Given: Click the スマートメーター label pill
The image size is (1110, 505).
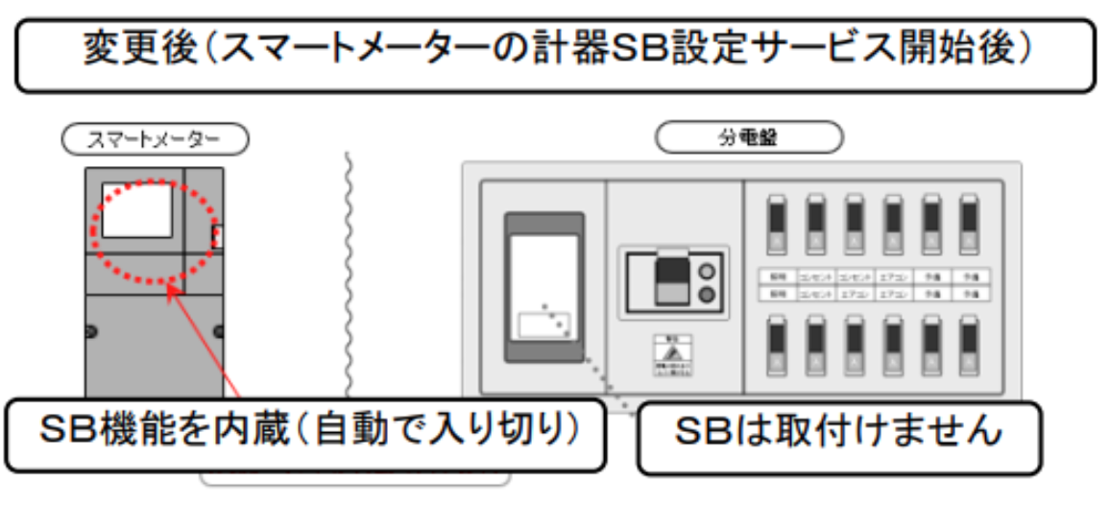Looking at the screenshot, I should click(155, 140).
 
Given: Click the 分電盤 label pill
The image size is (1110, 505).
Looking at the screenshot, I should click(748, 137).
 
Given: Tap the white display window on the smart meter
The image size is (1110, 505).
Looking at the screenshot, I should click(137, 210).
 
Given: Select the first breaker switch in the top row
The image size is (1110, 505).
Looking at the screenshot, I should click(777, 224).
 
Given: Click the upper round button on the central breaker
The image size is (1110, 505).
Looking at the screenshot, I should click(709, 270).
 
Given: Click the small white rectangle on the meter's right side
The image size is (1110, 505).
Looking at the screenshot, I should click(217, 236).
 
